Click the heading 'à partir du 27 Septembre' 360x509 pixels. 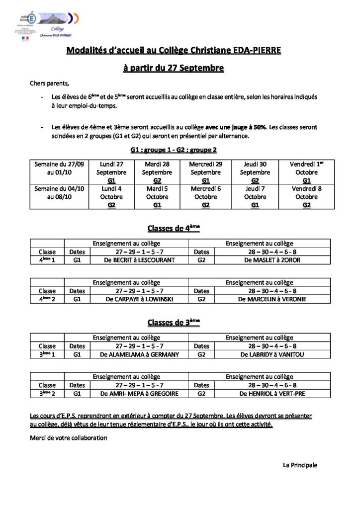click(x=174, y=68)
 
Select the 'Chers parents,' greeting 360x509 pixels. click(x=50, y=83)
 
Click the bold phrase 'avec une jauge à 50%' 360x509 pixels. click(x=236, y=127)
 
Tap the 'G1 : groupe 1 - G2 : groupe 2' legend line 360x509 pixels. click(x=174, y=150)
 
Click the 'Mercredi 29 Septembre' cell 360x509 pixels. click(x=205, y=172)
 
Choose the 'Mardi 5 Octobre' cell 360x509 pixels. click(x=157, y=197)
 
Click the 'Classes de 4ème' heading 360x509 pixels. click(x=174, y=228)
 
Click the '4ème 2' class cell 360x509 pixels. click(x=47, y=299)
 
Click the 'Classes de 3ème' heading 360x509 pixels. click(x=174, y=323)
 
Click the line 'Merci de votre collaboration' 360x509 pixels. click(x=69, y=438)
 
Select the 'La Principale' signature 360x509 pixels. click(x=300, y=465)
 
